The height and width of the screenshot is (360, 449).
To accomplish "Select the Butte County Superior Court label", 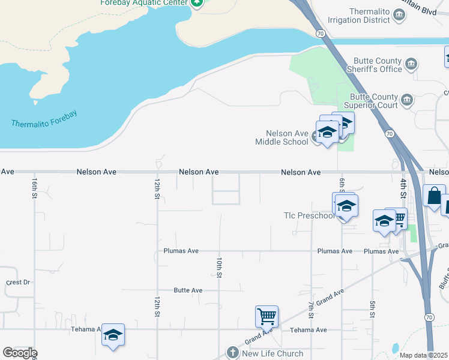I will (373, 101).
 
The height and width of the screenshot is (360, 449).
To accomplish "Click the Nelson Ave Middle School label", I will (282, 137).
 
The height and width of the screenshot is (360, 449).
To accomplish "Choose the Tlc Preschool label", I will (309, 216).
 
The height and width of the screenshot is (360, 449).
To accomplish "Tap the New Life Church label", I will (273, 353).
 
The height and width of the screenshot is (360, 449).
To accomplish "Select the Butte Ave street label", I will (188, 290).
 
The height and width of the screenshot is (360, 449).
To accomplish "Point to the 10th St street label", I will (220, 267).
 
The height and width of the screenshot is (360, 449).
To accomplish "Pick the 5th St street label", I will (372, 310).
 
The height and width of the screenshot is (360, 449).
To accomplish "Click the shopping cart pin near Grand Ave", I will (267, 315).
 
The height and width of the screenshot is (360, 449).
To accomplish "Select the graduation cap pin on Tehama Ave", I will (112, 335).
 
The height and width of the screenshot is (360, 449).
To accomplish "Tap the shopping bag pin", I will (434, 196).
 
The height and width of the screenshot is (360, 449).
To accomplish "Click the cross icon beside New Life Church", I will (234, 353).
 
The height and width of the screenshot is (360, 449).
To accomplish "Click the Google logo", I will (19, 353).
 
